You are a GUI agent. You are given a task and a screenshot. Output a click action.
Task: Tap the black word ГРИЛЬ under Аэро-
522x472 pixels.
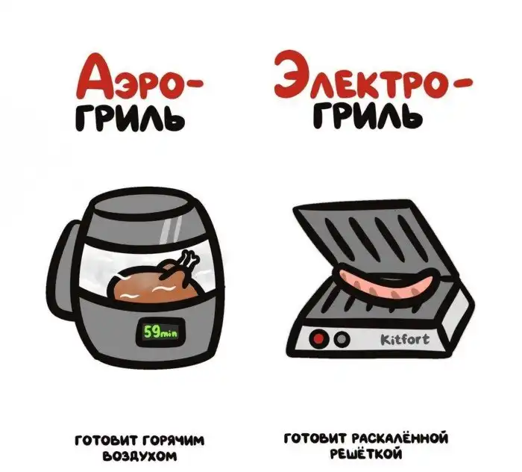click(130, 118)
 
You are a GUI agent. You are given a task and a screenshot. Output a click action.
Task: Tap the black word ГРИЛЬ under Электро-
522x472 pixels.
click(368, 116)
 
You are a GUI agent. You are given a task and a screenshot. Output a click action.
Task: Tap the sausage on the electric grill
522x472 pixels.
click(386, 282)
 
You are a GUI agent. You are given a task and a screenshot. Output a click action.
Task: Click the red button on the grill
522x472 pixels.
click(318, 338)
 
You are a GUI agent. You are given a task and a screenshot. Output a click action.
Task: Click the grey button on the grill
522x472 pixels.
click(342, 339)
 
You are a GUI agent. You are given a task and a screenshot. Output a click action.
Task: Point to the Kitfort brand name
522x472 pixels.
click(404, 340)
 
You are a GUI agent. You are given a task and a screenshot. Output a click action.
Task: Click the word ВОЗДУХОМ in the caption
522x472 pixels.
click(140, 456)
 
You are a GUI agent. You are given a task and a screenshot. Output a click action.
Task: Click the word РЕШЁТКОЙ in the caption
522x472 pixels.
click(366, 453)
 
